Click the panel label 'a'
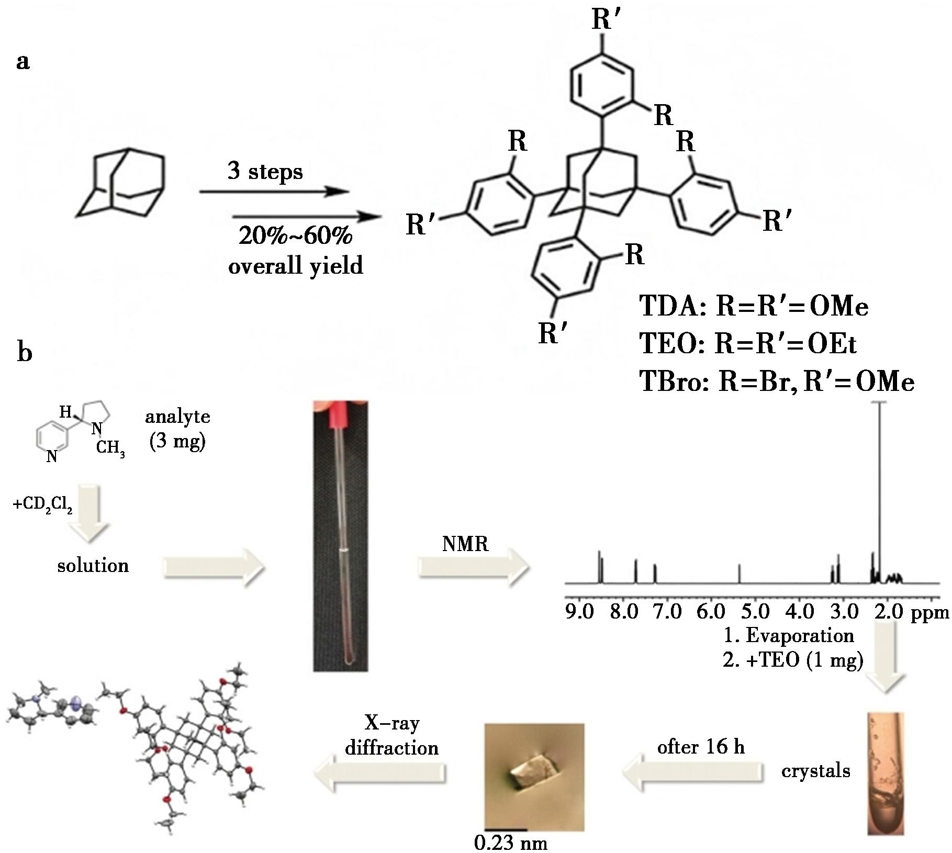[23, 62]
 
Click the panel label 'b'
[25, 353]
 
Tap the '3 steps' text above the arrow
[265, 172]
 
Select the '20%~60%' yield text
[295, 237]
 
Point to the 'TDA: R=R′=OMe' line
[754, 307]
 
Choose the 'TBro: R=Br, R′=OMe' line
[777, 382]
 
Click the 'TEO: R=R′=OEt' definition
[748, 344]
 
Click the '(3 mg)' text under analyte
[177, 442]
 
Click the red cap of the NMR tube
[340, 413]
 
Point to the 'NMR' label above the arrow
[465, 544]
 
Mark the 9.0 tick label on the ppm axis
[580, 611]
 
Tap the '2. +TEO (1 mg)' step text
[792, 660]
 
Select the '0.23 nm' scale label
[511, 843]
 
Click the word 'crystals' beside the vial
[815, 771]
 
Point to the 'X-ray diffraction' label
[392, 735]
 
